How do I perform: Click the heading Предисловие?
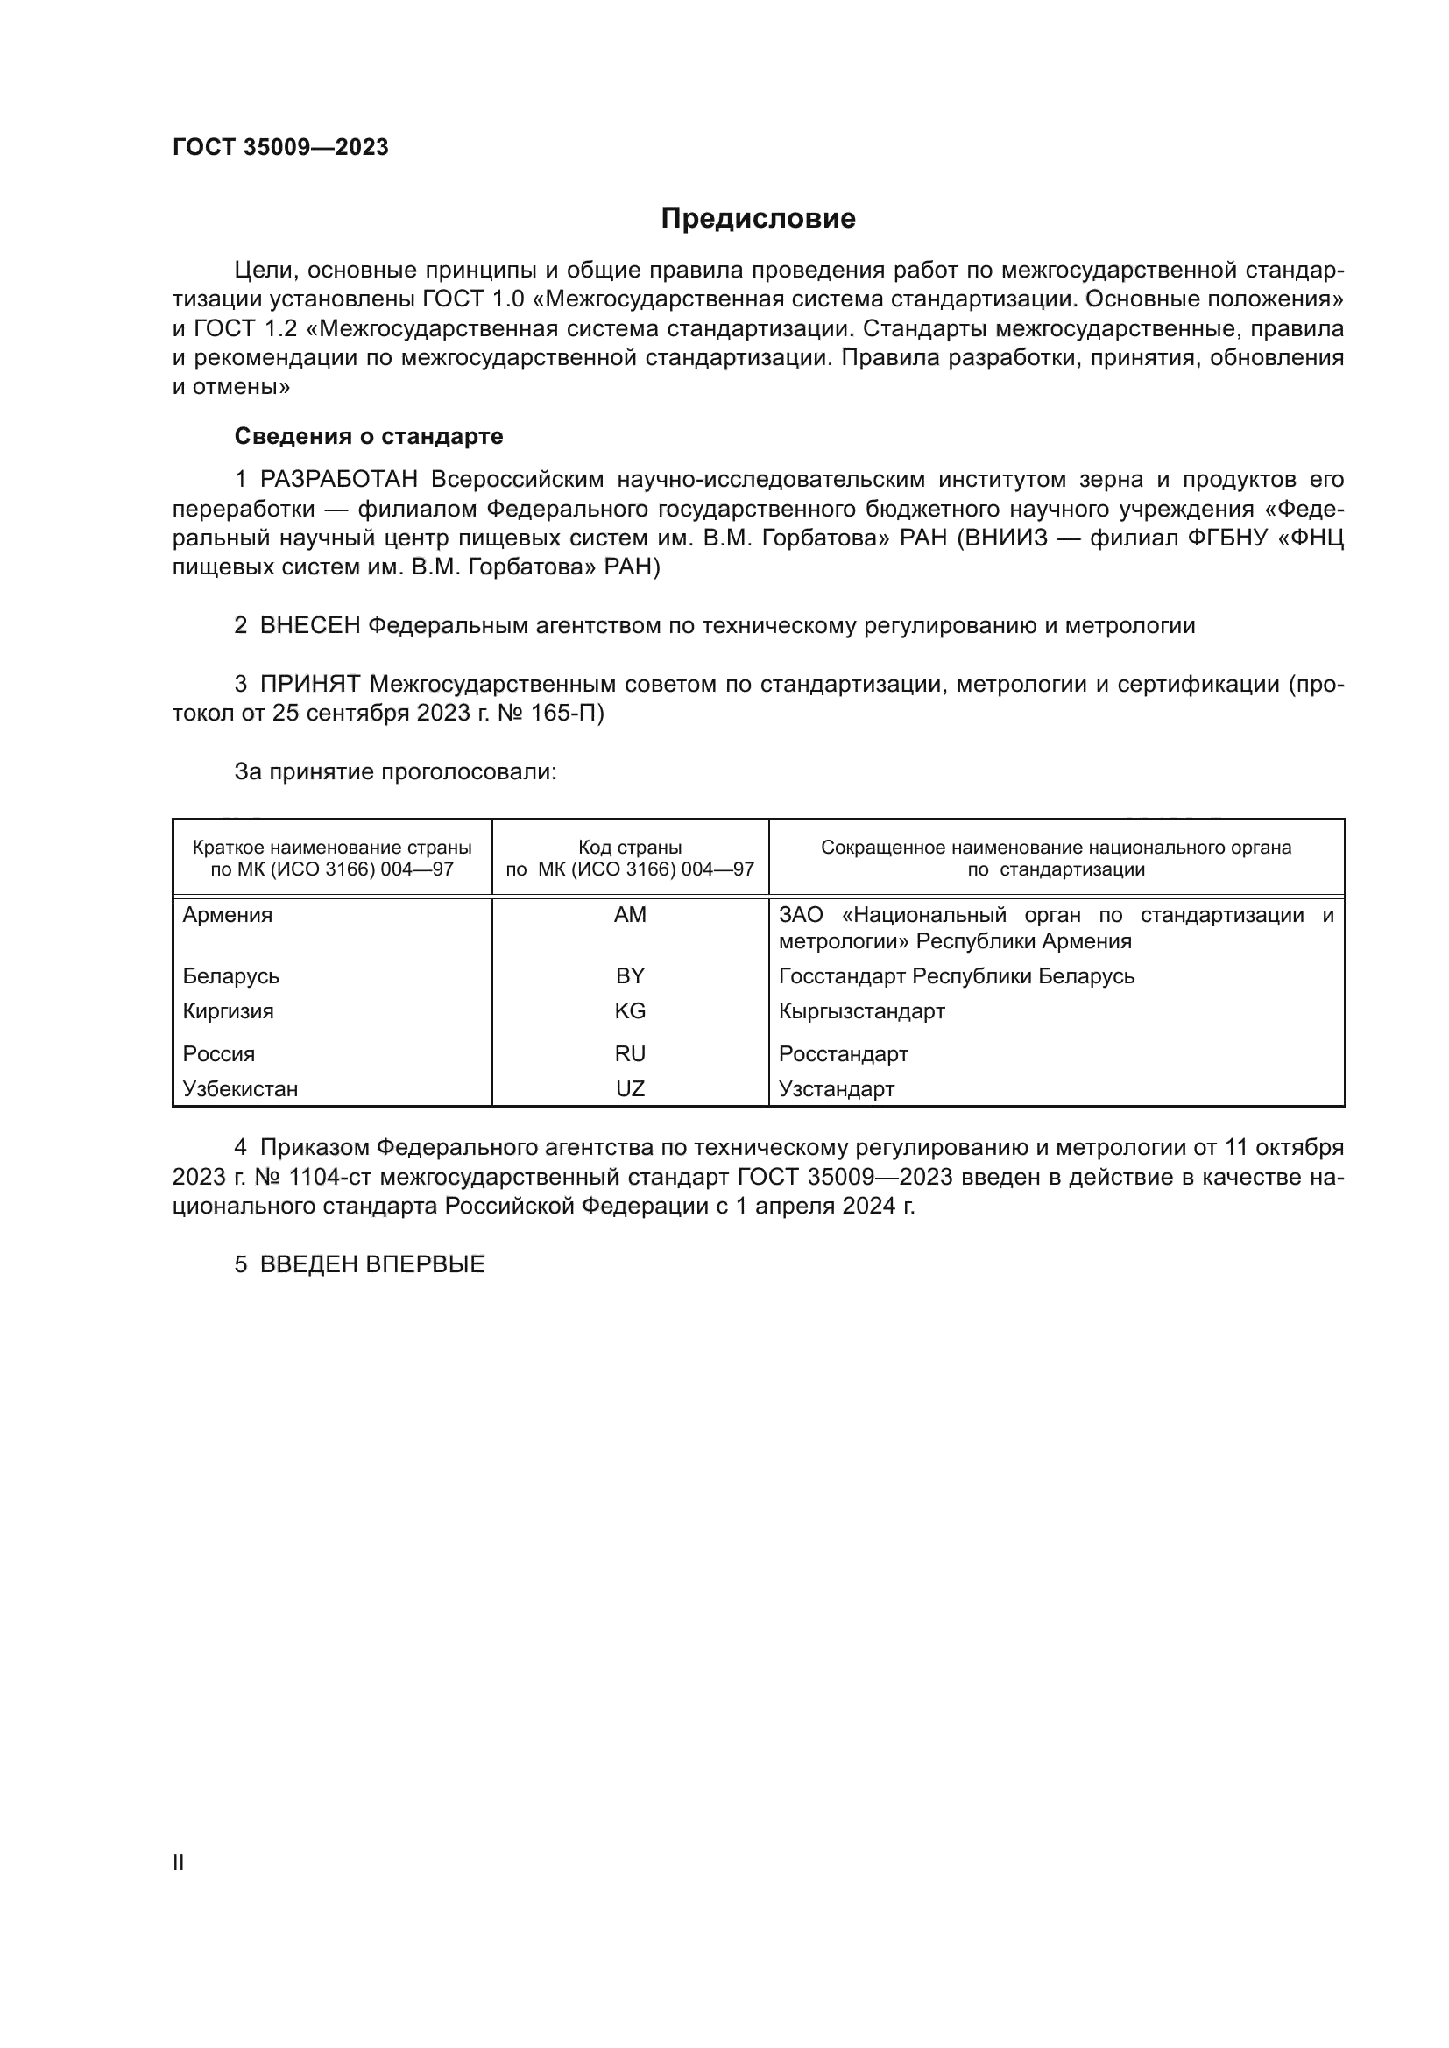click(x=758, y=219)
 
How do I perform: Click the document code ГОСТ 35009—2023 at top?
click(x=280, y=148)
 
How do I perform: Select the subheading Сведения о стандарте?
click(x=369, y=436)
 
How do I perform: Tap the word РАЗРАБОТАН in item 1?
click(x=339, y=480)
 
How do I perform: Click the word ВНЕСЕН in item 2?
click(x=309, y=626)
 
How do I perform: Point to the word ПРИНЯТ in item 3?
click(x=309, y=684)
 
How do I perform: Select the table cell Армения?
click(x=228, y=915)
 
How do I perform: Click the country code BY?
click(x=630, y=975)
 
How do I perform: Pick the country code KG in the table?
click(x=630, y=1010)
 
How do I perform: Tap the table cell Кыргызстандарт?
click(x=861, y=1010)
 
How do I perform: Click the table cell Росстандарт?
click(x=843, y=1053)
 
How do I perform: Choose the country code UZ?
click(x=630, y=1088)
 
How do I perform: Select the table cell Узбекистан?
click(x=240, y=1088)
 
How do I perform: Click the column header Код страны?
click(x=630, y=848)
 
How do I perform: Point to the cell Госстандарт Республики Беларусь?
click(x=957, y=975)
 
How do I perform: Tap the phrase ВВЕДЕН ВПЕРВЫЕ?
click(x=372, y=1264)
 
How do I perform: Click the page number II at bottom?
click(x=179, y=1863)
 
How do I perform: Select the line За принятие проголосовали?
click(x=395, y=771)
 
